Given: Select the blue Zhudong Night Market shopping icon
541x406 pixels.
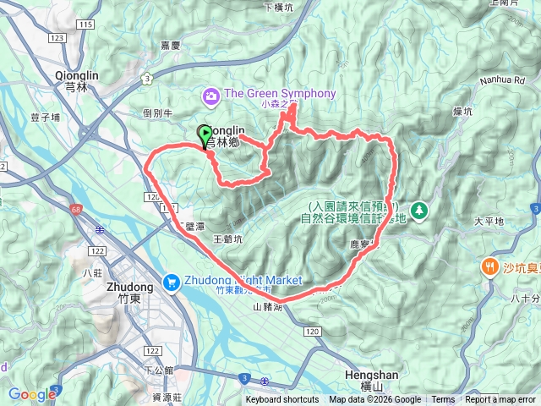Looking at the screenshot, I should tap(172, 280).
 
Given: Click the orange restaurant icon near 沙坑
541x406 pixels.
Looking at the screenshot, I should tap(489, 267).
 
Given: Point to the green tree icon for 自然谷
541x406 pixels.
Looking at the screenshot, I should tap(418, 208).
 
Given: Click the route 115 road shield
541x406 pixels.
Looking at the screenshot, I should tap(85, 24).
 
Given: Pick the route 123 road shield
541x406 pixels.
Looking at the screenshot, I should tap(57, 38).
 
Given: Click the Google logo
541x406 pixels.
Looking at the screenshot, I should tap(31, 394).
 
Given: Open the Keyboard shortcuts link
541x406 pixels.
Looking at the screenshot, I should tap(282, 400).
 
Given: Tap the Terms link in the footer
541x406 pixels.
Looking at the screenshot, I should tap(443, 400).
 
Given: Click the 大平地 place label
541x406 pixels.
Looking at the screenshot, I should tap(489, 221).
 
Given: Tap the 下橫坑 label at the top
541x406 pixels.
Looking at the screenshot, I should tap(276, 7).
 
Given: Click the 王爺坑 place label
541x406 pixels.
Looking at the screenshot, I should tap(227, 239).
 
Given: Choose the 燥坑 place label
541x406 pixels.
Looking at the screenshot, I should tap(485, 111).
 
